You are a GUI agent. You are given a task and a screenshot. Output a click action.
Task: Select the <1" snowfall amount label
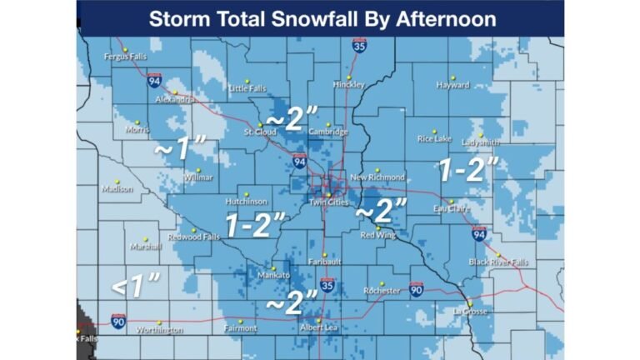(135, 287)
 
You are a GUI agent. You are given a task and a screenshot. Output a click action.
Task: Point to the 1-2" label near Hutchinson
(256, 224)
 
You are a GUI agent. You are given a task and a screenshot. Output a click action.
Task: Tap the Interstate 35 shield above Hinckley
(358, 47)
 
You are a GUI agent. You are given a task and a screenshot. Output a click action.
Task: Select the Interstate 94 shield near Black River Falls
(479, 234)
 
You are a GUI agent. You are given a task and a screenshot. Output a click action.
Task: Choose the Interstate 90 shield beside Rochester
(416, 288)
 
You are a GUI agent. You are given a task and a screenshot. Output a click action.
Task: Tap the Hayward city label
(453, 84)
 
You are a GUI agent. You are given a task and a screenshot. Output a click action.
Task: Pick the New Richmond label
(377, 177)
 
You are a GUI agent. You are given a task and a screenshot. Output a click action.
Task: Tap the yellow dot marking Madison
(117, 181)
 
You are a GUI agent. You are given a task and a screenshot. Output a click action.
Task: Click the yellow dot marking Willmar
(197, 170)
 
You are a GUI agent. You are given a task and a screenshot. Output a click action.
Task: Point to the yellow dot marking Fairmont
(241, 321)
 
